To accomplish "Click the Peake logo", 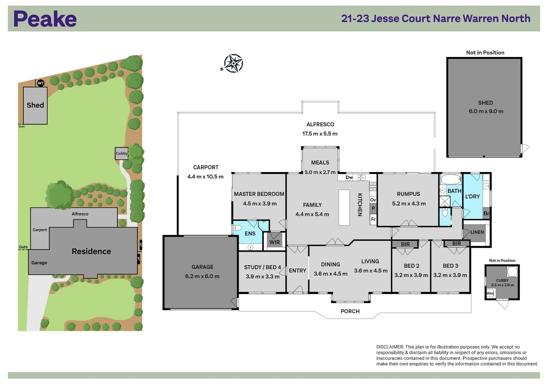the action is click(x=45, y=19).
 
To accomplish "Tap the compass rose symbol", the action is click(x=233, y=63).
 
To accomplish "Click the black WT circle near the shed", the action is click(x=41, y=83).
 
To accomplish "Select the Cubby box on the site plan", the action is click(x=122, y=153).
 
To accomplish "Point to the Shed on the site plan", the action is click(x=35, y=106).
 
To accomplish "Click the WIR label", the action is click(x=275, y=242).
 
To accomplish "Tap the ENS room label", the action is click(x=250, y=234).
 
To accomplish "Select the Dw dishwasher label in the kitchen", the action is click(x=349, y=177).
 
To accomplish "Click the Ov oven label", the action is click(x=373, y=200).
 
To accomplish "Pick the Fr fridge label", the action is click(x=373, y=219).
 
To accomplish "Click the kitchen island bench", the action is click(x=344, y=207).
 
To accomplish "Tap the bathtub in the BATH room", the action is click(x=451, y=180).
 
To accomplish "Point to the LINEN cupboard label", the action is click(x=477, y=232).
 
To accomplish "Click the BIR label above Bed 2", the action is click(x=406, y=244).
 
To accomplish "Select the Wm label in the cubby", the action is click(x=490, y=293).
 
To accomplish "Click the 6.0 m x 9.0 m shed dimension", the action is click(x=486, y=111).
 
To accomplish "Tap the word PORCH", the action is click(x=350, y=311).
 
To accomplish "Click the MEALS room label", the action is click(x=320, y=162).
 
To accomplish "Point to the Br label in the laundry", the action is click(x=486, y=213).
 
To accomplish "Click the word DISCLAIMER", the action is click(x=390, y=347).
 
